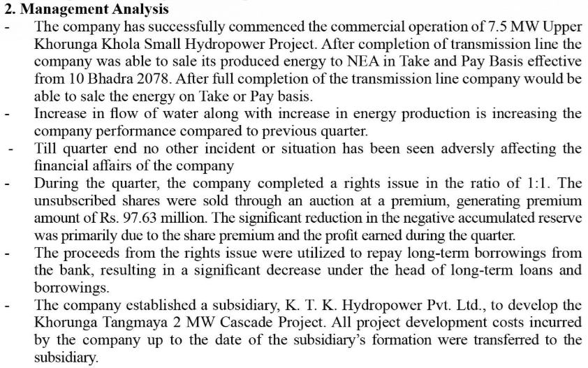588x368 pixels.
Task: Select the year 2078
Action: [x=149, y=79]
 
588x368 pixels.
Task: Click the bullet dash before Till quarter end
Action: [x=11, y=149]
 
